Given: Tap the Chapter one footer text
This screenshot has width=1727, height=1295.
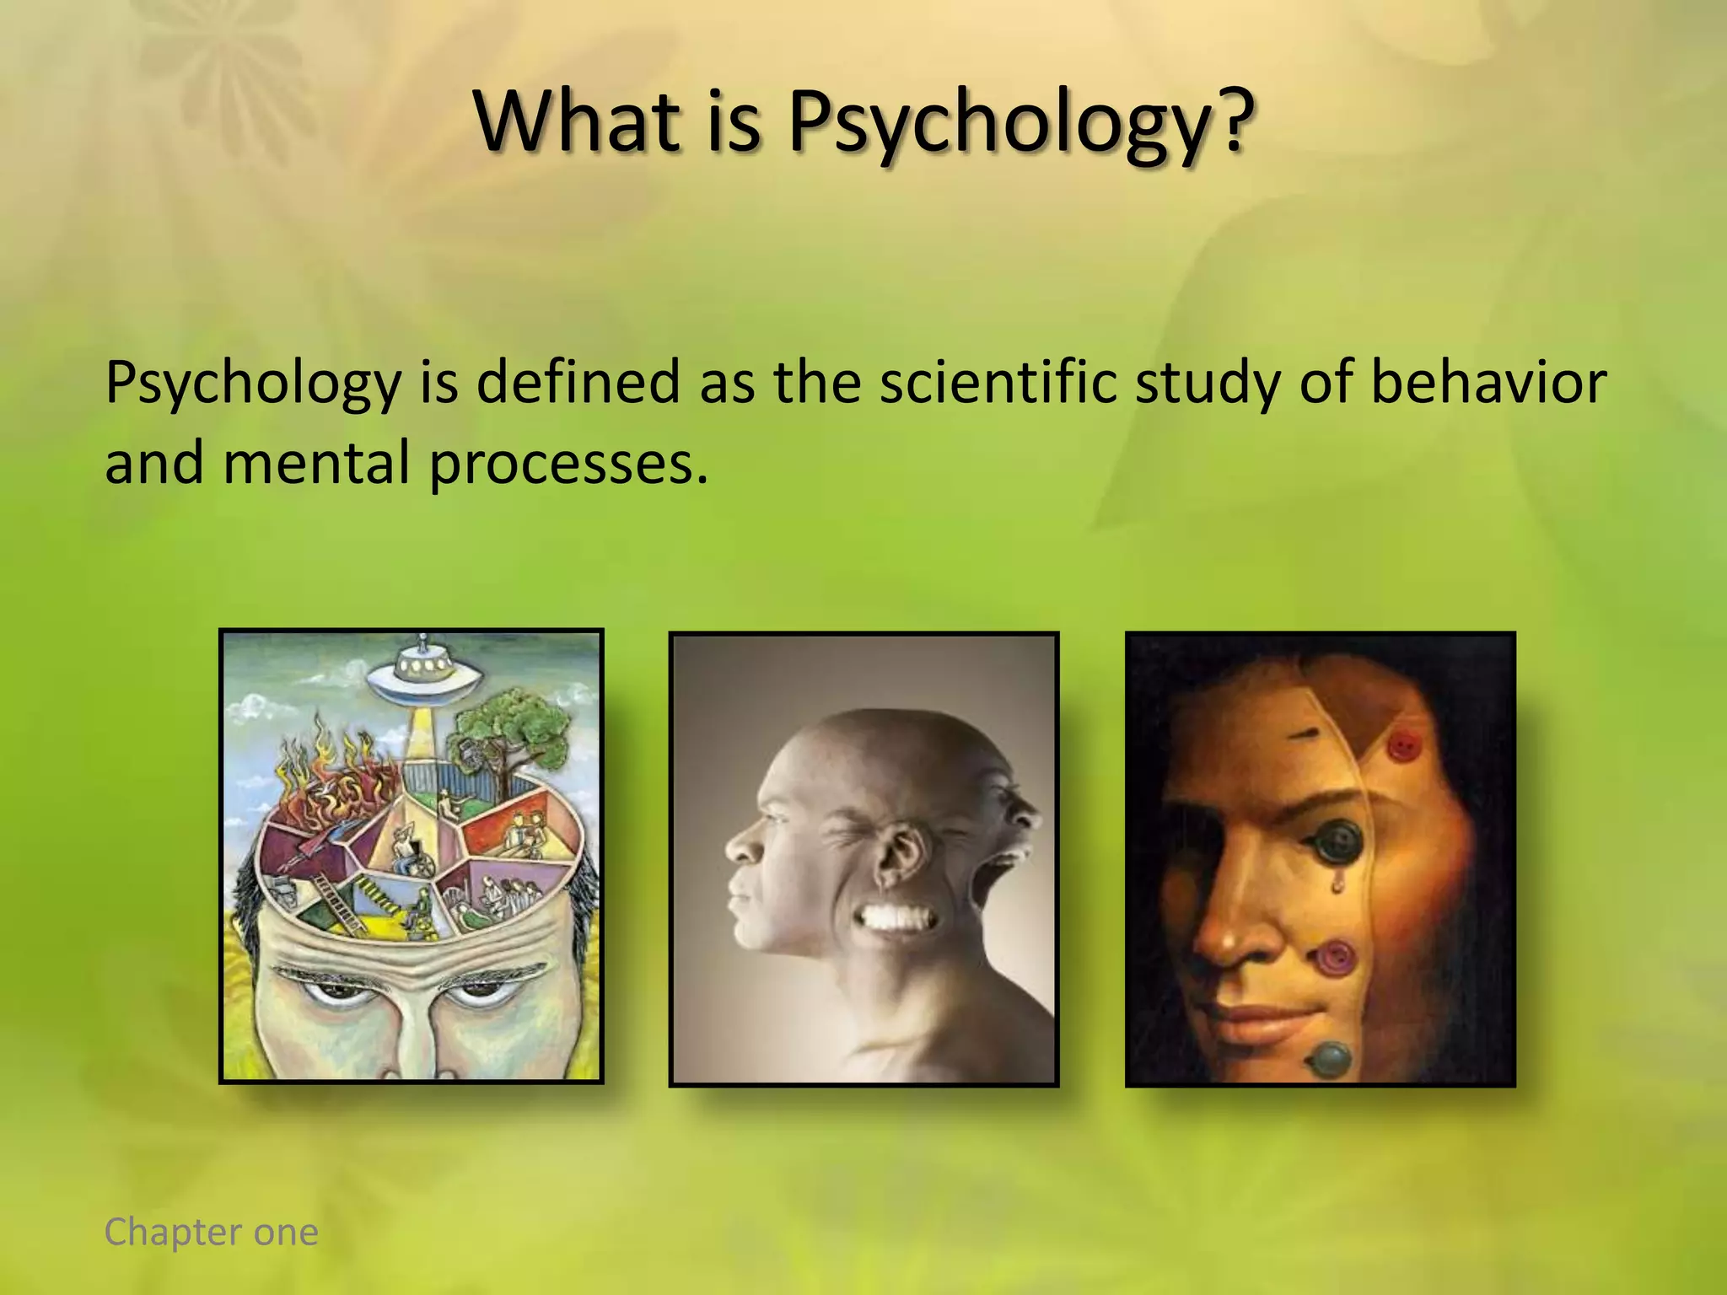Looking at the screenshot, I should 211,1232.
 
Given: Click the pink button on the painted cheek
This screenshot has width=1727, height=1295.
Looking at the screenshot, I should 1335,959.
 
